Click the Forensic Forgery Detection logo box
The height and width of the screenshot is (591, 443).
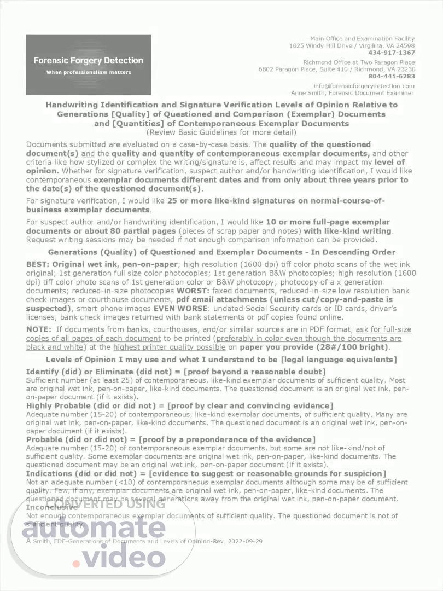[x=89, y=65]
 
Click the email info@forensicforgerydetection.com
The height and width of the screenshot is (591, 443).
[x=364, y=86]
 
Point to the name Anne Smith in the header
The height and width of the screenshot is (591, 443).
[x=309, y=93]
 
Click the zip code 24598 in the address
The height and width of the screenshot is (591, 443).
[x=405, y=46]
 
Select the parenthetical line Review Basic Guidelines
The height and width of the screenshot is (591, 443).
[x=221, y=132]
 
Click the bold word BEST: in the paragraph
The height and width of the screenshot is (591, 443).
[x=38, y=264]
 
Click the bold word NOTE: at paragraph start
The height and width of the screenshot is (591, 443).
[x=38, y=329]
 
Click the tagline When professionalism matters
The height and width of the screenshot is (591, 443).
[x=89, y=72]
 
